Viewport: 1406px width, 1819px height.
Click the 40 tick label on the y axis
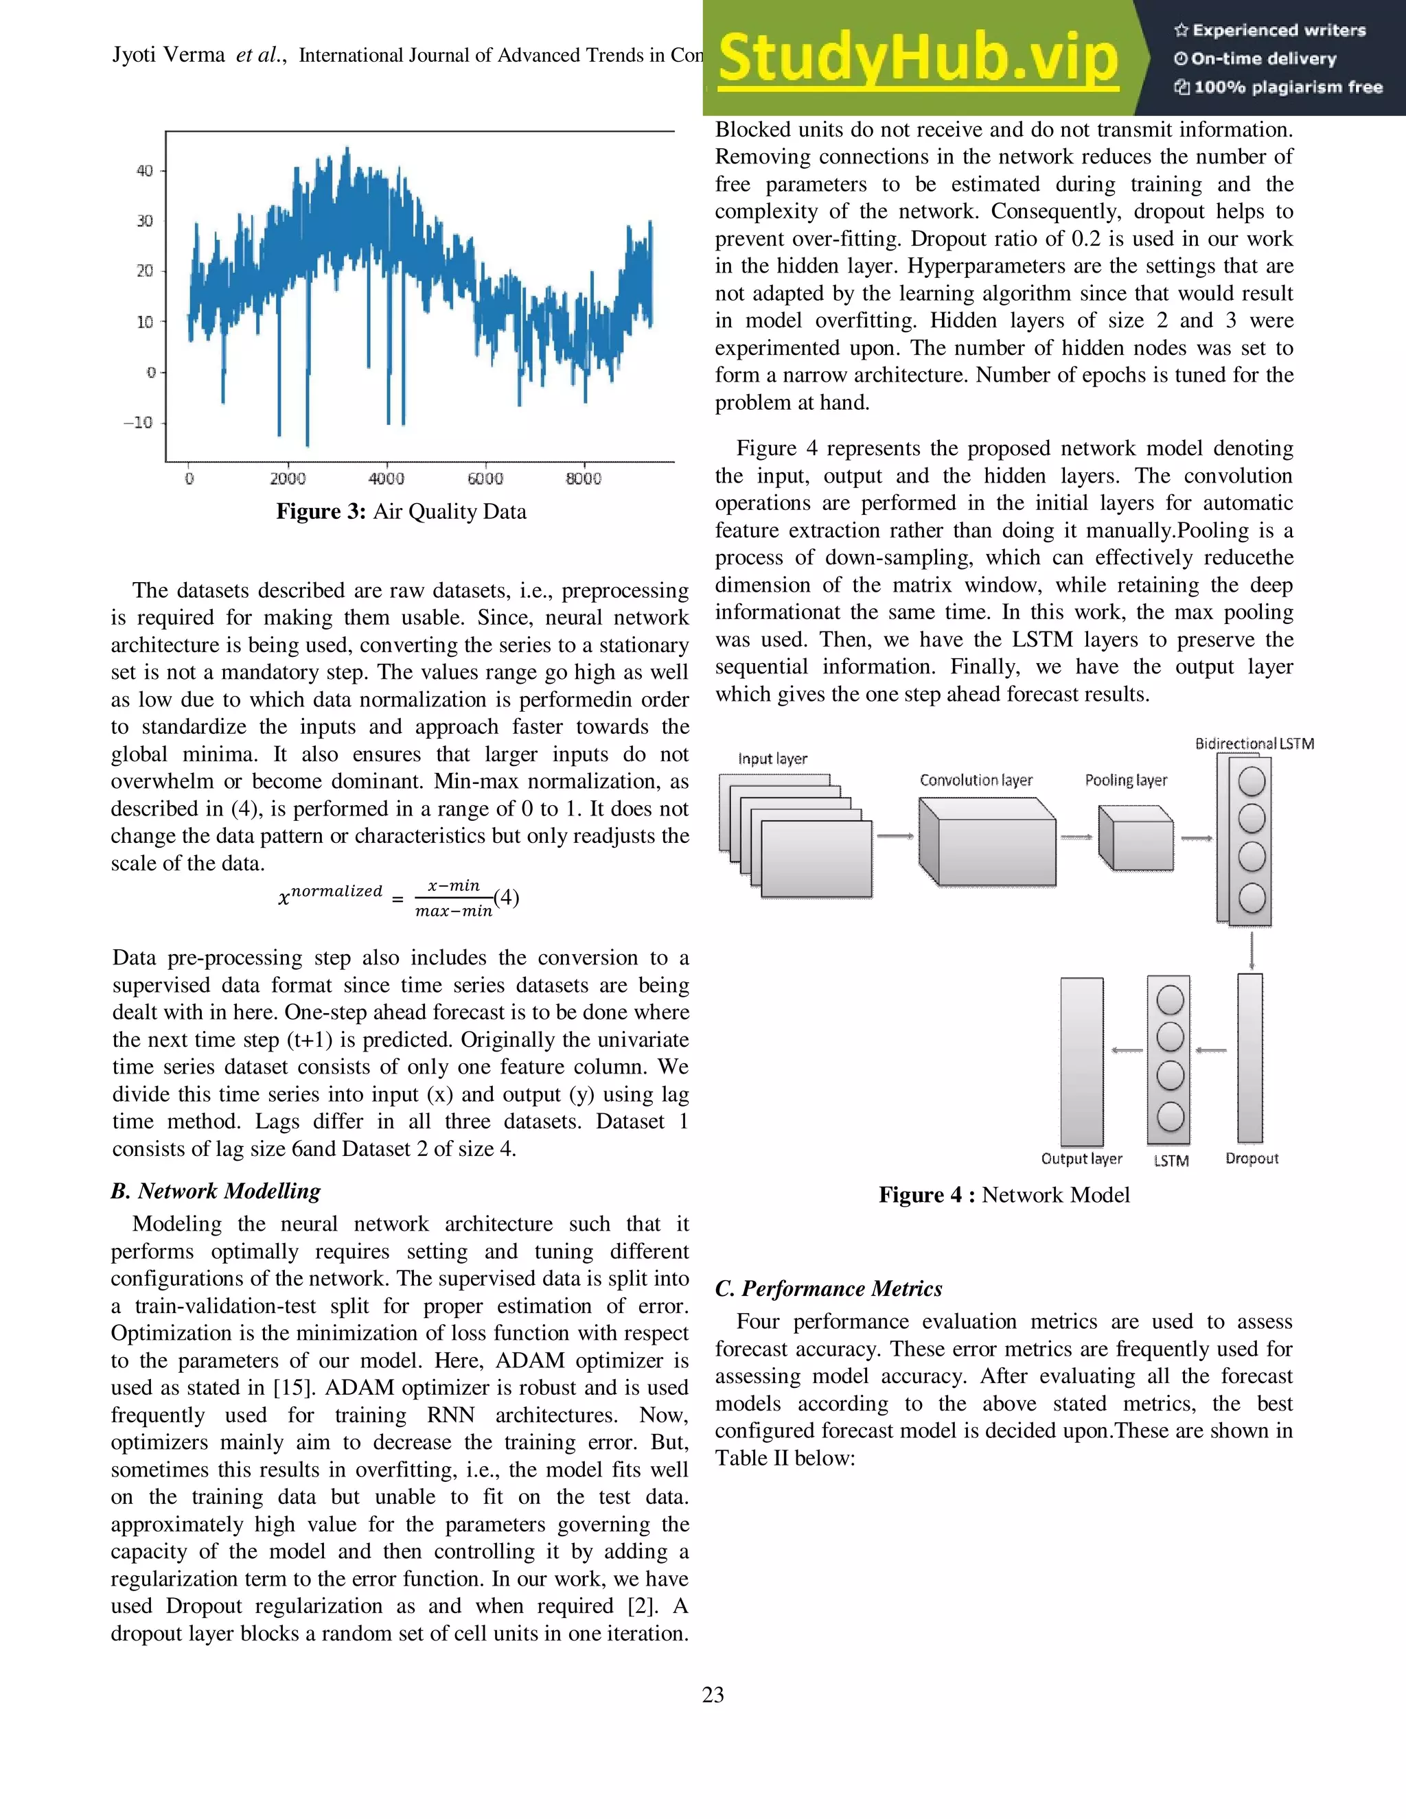144,171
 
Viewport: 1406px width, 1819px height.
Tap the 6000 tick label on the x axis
485,479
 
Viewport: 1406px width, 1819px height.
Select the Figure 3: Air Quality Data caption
401,511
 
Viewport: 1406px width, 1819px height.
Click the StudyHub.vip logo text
917,58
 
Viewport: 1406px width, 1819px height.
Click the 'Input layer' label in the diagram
772,758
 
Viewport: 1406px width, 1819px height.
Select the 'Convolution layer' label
976,780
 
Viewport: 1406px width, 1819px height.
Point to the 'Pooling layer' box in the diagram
1136,838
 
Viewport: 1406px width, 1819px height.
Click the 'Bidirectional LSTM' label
1254,744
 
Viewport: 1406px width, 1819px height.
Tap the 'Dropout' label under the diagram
1251,1159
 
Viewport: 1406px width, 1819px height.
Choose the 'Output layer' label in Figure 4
1081,1159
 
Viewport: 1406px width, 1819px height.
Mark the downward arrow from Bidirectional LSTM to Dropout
1251,949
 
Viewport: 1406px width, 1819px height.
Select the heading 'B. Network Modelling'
216,1191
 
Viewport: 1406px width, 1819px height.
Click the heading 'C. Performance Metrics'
828,1288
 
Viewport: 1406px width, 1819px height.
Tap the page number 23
713,1695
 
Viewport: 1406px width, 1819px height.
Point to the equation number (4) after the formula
507,897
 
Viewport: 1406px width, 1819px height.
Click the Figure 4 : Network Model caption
1004,1195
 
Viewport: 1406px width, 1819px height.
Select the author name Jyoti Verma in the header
168,55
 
